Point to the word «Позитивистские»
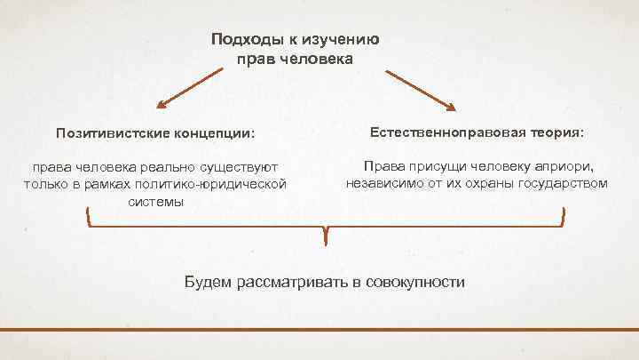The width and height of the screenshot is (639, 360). click(x=111, y=133)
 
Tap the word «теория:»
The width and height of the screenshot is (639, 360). click(x=556, y=131)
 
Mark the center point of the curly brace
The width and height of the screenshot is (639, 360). click(x=327, y=233)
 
